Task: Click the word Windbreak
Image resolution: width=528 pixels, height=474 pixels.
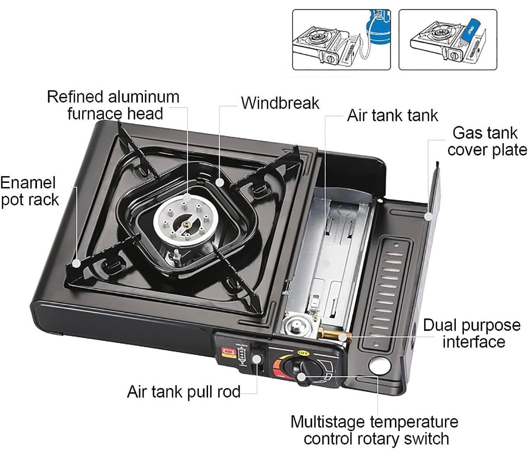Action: pos(280,103)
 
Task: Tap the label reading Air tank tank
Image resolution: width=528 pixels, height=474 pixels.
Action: pos(392,116)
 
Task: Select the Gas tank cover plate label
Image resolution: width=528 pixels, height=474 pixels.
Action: pos(486,141)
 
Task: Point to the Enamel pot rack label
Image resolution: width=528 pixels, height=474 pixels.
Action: pos(29,191)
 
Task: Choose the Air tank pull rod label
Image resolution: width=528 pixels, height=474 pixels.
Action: pos(184,391)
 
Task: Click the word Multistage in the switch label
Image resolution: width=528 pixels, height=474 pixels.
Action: pos(329,422)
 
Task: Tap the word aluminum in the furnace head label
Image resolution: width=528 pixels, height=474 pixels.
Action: pos(145,97)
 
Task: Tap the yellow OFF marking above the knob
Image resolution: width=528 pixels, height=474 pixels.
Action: pos(302,352)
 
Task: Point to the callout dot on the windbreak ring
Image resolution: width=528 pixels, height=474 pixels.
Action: pos(220,182)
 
